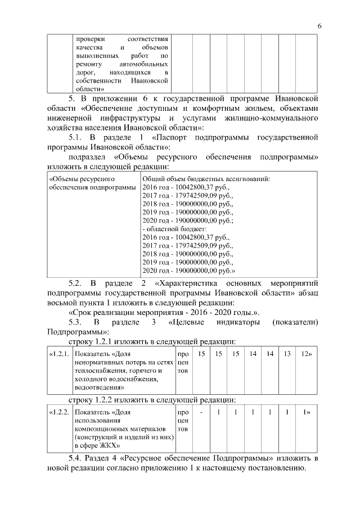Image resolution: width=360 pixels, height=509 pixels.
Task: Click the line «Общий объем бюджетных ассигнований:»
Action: point(206,179)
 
